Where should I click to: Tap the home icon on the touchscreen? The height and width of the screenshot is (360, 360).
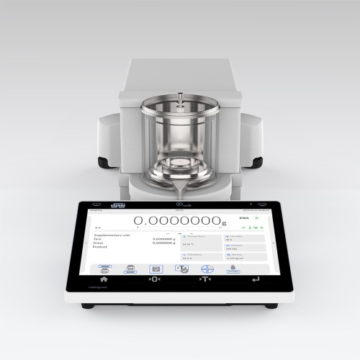coord(104,279)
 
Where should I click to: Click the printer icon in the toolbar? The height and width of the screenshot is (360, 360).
coord(130,269)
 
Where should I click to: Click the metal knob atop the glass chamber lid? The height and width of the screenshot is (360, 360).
coord(180,94)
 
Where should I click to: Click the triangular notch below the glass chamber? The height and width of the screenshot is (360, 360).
coord(180,189)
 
